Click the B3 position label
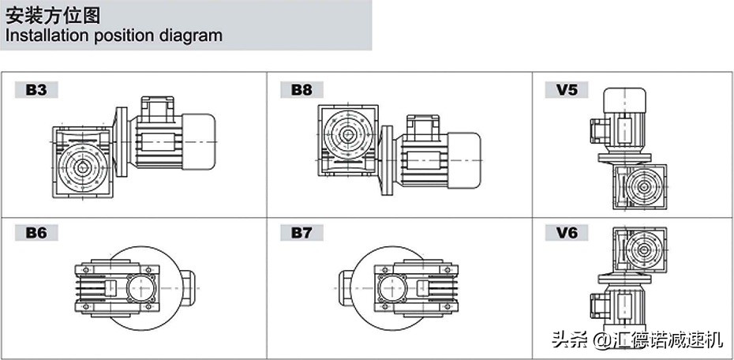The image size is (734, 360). point(36,90)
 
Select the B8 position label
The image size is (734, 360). point(301,90)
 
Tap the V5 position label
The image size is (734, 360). point(567,90)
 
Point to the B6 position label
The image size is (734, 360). point(36,233)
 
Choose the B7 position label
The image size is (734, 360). point(301,233)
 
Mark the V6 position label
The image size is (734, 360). point(567,233)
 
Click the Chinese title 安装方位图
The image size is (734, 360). point(53,16)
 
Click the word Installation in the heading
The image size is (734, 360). point(47,36)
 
